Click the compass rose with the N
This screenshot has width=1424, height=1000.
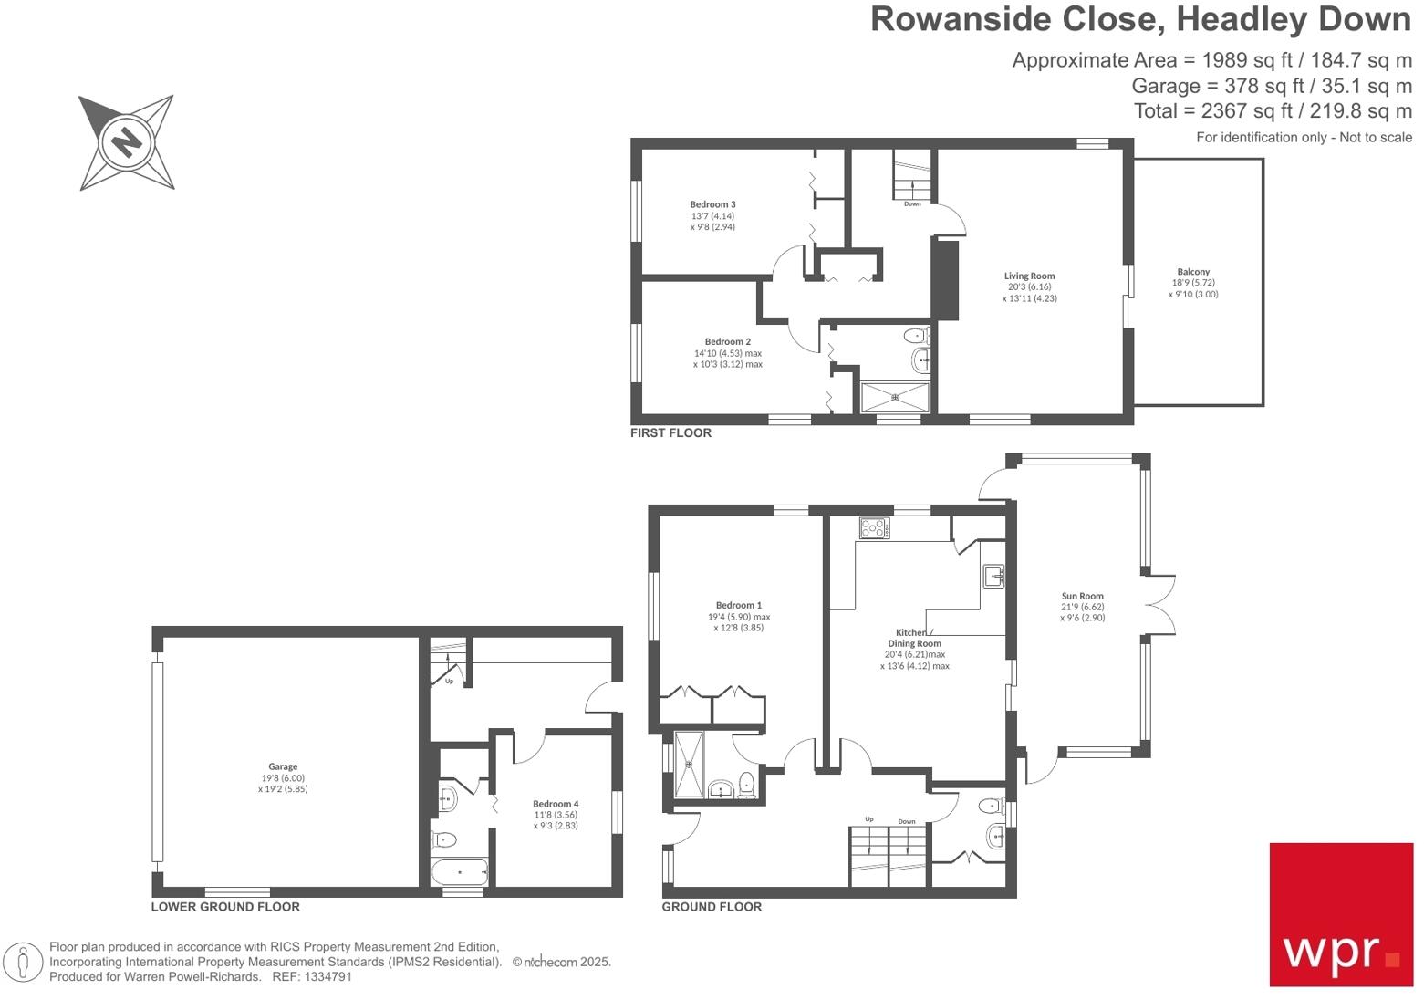pyautogui.click(x=127, y=142)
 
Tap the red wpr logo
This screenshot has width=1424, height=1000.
pyautogui.click(x=1340, y=914)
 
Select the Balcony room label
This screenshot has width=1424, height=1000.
pyautogui.click(x=1193, y=272)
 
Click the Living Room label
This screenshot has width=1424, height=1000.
pyautogui.click(x=1029, y=276)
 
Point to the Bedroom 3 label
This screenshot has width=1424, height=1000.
pyautogui.click(x=712, y=204)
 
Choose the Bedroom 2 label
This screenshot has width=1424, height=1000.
pyautogui.click(x=727, y=342)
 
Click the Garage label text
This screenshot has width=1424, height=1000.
pyautogui.click(x=283, y=767)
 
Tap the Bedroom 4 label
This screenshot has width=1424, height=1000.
pyautogui.click(x=556, y=804)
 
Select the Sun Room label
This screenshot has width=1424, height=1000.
pyautogui.click(x=1082, y=596)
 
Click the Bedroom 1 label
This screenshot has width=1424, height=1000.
pyautogui.click(x=738, y=605)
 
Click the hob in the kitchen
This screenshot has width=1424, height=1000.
pyautogui.click(x=874, y=527)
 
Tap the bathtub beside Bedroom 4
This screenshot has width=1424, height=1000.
pyautogui.click(x=460, y=872)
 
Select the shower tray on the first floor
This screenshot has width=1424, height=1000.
pyautogui.click(x=895, y=397)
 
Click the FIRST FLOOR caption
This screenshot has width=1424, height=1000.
pyautogui.click(x=670, y=433)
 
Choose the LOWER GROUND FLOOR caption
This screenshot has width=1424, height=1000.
pyautogui.click(x=225, y=907)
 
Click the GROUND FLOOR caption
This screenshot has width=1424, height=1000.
pyautogui.click(x=712, y=907)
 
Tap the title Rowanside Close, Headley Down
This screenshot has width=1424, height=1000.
pyautogui.click(x=1140, y=19)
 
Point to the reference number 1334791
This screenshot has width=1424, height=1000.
pyautogui.click(x=326, y=976)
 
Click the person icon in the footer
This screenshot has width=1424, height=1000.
pyautogui.click(x=23, y=962)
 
